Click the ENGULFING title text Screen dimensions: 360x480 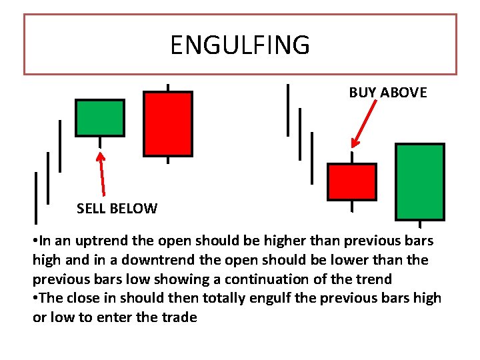point(240,45)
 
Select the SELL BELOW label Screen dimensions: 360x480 point(117,209)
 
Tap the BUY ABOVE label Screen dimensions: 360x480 point(387,93)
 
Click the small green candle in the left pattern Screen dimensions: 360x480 point(100,118)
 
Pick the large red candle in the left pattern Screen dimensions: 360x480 point(168,124)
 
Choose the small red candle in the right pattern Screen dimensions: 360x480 point(351,182)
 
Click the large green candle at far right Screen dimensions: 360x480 point(419,182)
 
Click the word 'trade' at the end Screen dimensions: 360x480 point(179,317)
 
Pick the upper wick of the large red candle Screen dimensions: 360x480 point(167,87)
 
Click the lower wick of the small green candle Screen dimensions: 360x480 point(100,142)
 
